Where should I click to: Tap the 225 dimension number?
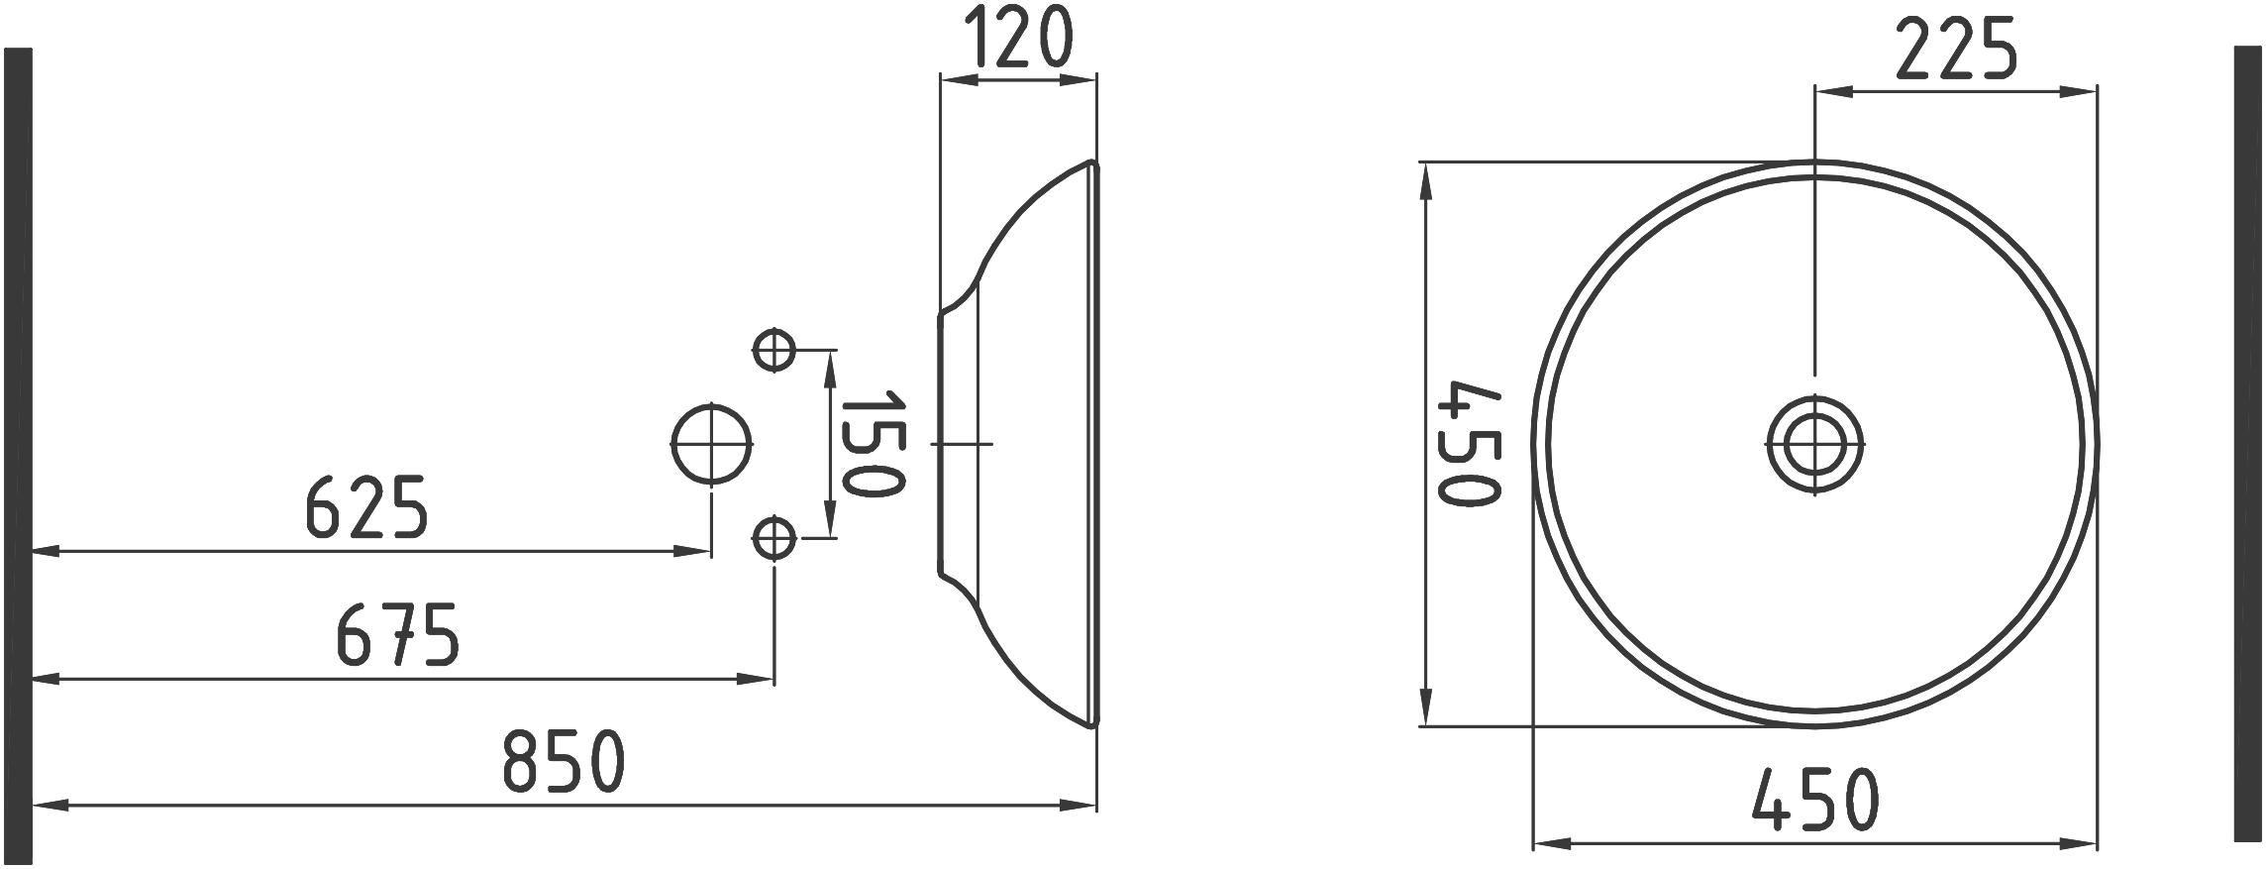coord(1956,50)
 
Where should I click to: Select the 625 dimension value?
coord(366,507)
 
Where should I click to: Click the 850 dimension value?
coord(564,761)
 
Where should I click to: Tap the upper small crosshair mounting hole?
coord(773,350)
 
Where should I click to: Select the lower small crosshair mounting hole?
coord(773,539)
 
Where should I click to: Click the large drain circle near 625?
coord(711,444)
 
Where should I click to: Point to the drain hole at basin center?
coord(1815,444)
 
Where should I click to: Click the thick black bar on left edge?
coord(19,456)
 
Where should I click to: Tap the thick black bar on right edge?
coord(2247,443)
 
